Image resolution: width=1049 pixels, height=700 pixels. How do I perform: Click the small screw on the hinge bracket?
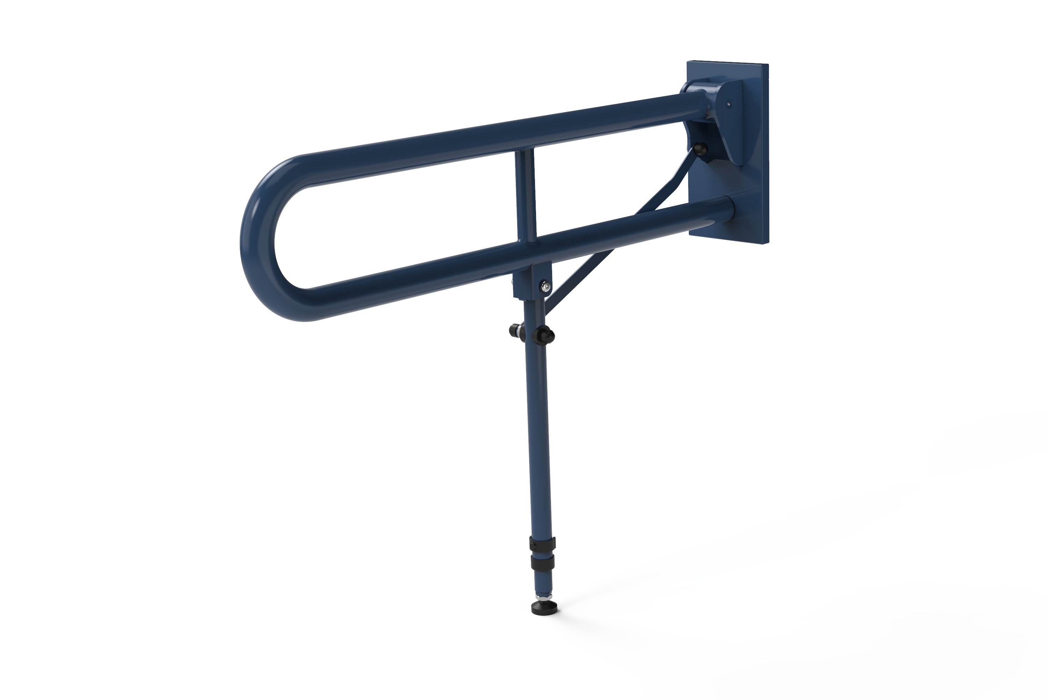pos(728,104)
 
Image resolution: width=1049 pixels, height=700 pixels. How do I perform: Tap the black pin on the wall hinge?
pos(701,149)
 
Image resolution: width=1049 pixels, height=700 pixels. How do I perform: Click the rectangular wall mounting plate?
pos(749,188)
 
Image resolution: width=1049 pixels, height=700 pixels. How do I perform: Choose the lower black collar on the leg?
pos(543,562)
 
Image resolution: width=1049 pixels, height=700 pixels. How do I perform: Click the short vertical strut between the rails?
pos(526,196)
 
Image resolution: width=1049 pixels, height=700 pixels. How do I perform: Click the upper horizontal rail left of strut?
pos(401,156)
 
